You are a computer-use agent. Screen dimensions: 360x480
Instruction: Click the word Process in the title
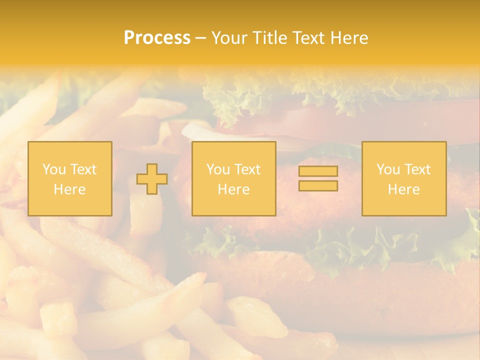click(157, 38)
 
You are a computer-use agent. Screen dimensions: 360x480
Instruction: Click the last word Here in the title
click(347, 38)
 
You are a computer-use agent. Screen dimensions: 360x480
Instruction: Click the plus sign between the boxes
click(152, 179)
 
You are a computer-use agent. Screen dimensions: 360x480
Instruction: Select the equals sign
click(318, 178)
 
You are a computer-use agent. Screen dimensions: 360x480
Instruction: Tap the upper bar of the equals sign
click(318, 171)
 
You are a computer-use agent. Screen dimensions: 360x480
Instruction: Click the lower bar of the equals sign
click(318, 186)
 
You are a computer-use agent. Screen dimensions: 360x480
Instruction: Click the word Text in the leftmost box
click(83, 169)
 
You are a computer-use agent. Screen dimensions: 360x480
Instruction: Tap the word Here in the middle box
click(233, 189)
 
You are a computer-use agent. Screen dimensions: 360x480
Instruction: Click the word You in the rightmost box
click(388, 169)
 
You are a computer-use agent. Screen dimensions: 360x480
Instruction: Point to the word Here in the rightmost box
click(403, 189)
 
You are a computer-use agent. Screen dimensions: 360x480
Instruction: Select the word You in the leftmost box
click(53, 169)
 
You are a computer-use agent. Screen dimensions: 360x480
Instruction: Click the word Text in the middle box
click(248, 169)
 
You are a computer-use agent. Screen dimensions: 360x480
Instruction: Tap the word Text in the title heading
click(306, 38)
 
